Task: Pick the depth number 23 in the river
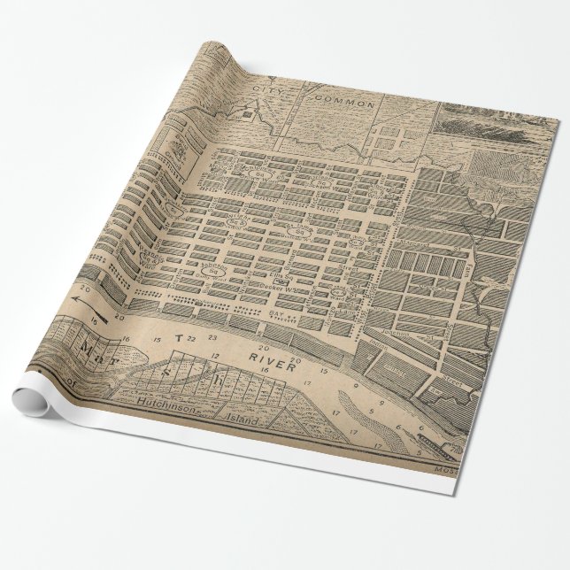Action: tap(212, 338)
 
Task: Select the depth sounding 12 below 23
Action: tap(215, 353)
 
